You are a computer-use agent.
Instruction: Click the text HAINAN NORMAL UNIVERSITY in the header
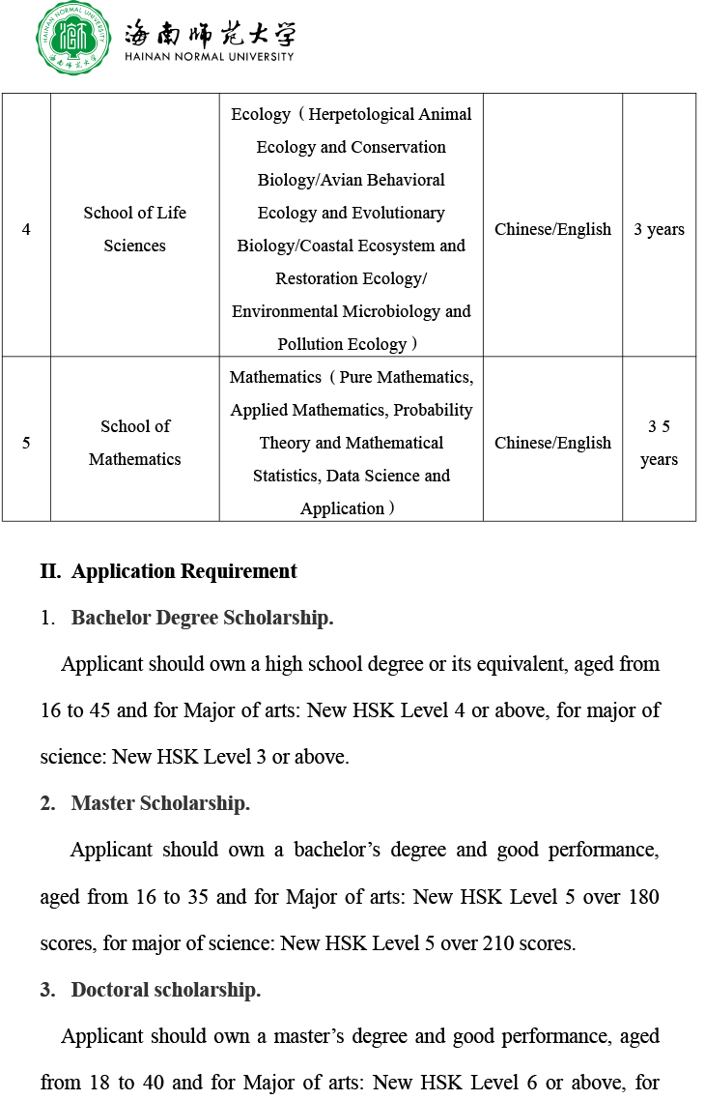209,57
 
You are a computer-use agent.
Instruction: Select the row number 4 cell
26,229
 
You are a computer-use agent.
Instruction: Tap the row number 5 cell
26,443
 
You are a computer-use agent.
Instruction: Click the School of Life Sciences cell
134,229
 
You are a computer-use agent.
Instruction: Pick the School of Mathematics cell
134,443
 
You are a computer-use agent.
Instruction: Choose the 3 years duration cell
659,229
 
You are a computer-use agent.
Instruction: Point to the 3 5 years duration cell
659,443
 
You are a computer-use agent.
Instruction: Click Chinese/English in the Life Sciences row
552,229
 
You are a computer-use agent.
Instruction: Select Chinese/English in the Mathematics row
552,443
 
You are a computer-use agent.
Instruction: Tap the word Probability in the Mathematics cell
435,410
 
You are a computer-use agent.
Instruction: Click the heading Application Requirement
184,571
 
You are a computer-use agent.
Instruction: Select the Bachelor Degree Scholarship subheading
202,618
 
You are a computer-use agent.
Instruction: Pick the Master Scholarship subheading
160,803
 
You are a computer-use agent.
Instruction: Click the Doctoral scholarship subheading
165,990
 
